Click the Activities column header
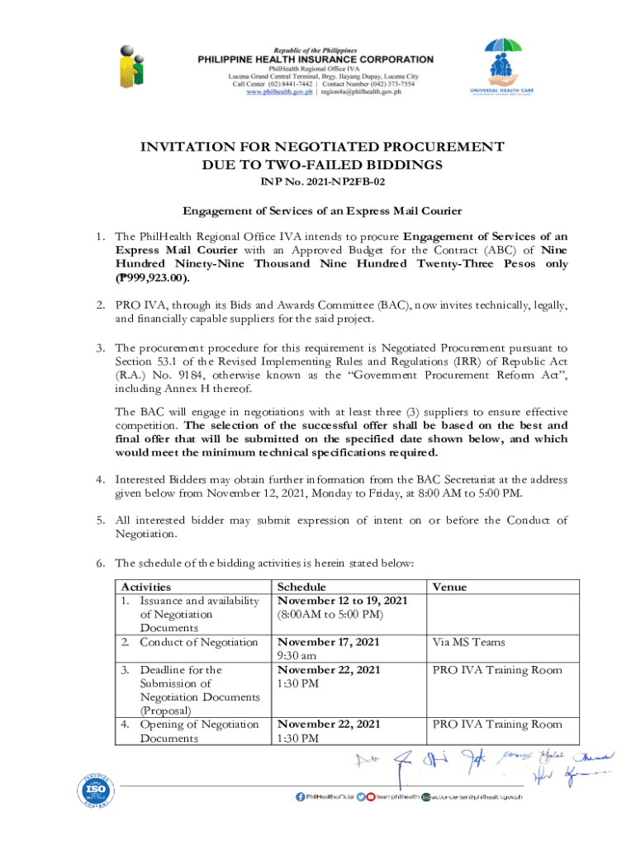click(x=147, y=587)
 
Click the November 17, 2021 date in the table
click(x=329, y=642)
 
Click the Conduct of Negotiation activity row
click(x=198, y=642)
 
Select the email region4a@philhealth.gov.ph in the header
click(x=364, y=93)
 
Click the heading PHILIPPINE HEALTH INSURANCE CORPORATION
click(x=314, y=59)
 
